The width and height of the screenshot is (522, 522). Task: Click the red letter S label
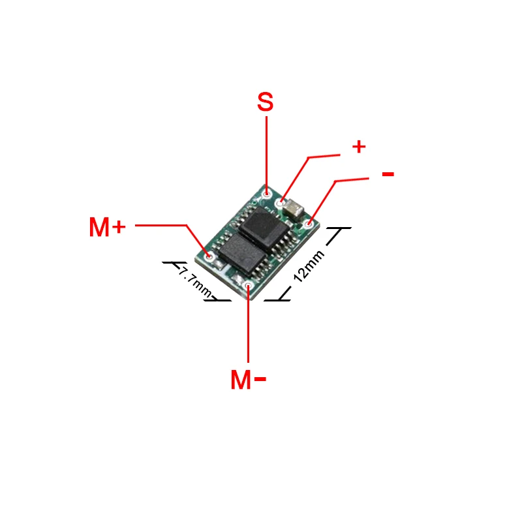click(x=265, y=102)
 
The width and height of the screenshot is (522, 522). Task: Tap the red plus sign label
click(x=358, y=146)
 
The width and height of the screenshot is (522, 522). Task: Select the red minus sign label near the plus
click(x=388, y=174)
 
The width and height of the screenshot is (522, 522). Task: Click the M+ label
click(x=106, y=227)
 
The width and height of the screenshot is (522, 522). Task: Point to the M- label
click(x=249, y=380)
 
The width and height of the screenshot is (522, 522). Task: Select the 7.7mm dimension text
click(x=194, y=281)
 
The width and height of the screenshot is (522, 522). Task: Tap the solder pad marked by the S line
click(x=266, y=194)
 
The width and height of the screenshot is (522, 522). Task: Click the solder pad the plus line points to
click(x=281, y=204)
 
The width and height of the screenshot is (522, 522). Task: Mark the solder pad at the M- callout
click(x=248, y=284)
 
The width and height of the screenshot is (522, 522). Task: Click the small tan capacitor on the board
click(x=294, y=209)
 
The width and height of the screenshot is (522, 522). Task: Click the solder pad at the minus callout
click(x=309, y=224)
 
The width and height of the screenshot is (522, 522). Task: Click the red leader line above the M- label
click(x=248, y=326)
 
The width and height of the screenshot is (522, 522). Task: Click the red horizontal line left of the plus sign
click(x=324, y=156)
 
